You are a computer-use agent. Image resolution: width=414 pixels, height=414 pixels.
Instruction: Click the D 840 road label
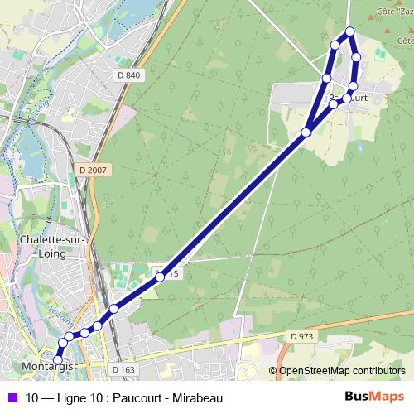(129, 75)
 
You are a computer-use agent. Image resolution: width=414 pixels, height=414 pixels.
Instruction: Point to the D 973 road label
(303, 335)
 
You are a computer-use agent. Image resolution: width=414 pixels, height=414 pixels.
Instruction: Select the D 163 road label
(122, 369)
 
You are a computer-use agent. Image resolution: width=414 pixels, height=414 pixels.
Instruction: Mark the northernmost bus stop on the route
(349, 31)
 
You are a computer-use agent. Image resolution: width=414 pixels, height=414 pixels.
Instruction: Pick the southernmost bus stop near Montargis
(58, 359)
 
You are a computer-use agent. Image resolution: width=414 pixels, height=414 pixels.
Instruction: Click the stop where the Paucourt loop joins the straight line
(306, 132)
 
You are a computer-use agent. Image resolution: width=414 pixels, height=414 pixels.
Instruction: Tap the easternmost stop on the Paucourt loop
(356, 57)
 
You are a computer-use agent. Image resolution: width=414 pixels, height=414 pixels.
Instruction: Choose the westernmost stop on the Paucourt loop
(326, 78)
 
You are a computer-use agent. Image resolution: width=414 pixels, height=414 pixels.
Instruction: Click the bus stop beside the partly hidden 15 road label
(161, 277)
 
